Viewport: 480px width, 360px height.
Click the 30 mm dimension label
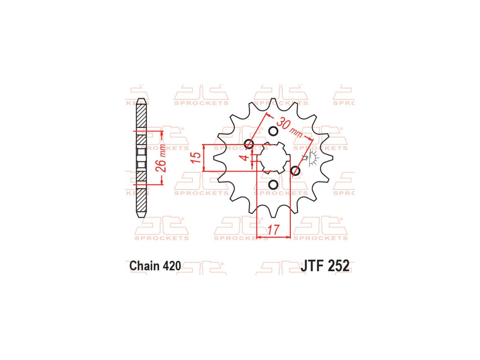pyautogui.click(x=290, y=128)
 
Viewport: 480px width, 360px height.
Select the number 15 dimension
pyautogui.click(x=196, y=158)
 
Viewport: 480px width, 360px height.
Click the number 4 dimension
pyautogui.click(x=246, y=157)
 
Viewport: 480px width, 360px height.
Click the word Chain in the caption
pyautogui.click(x=144, y=266)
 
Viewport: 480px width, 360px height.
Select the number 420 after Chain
pyautogui.click(x=172, y=266)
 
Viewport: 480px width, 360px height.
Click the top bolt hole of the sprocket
pyautogui.click(x=273, y=132)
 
